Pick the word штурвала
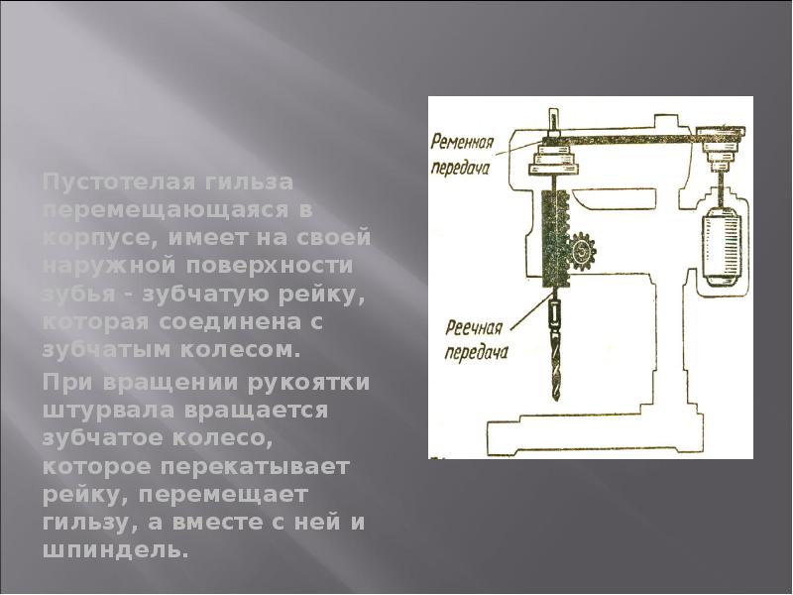pyautogui.click(x=94, y=410)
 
